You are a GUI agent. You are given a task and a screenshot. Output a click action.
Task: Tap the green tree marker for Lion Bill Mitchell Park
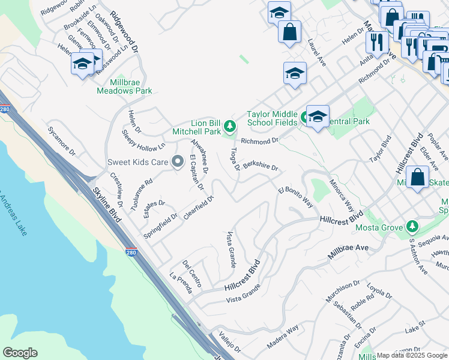point(230,126)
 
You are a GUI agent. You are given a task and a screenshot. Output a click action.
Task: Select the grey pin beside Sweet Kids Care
point(177,161)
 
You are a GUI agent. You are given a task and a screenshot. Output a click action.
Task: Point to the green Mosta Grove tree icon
point(412,226)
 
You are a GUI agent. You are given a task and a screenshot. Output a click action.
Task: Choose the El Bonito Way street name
point(295,197)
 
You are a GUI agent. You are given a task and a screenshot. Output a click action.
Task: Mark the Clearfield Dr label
point(199,208)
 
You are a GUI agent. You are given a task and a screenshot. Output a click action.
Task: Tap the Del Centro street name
point(191,273)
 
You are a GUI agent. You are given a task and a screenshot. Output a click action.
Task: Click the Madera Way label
point(283,338)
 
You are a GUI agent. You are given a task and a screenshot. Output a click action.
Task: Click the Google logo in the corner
point(20,353)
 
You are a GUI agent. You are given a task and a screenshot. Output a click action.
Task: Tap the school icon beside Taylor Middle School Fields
point(317,117)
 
